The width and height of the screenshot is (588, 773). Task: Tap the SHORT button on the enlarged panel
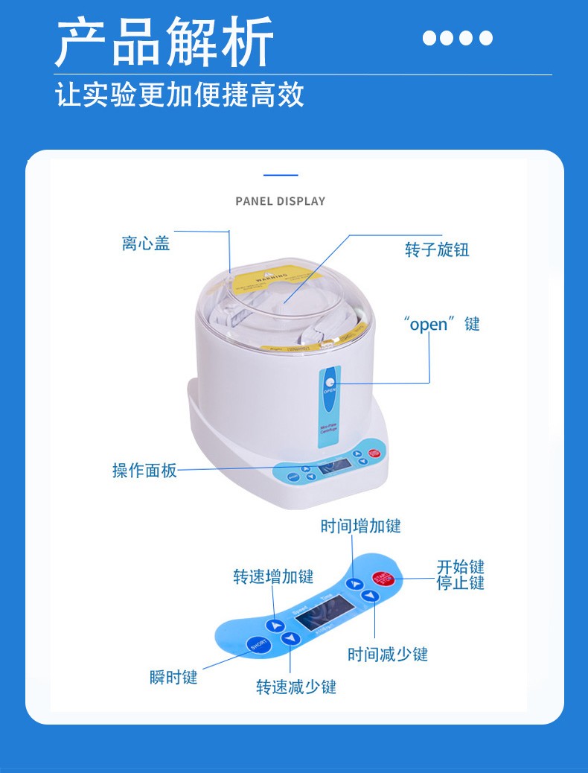258,644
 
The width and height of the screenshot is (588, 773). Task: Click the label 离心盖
146,244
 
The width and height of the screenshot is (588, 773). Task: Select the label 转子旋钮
437,249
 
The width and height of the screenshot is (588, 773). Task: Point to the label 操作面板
144,471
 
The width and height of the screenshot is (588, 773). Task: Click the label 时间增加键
360,527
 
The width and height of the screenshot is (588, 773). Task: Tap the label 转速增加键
273,576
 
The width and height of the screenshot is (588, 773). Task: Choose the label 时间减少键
388,655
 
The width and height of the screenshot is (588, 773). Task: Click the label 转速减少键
296,687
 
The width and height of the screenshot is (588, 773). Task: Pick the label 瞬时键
173,678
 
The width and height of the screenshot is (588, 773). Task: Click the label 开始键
460,567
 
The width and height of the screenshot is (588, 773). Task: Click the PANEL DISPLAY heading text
280,201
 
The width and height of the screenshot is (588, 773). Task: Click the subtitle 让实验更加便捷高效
180,95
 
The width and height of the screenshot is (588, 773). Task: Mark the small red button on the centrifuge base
374,453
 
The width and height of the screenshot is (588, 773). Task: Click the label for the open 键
441,324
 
